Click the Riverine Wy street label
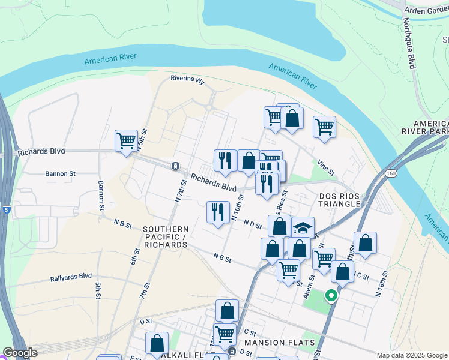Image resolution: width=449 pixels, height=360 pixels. pyautogui.click(x=187, y=79)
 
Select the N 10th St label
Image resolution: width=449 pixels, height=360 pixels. pyautogui.click(x=237, y=207)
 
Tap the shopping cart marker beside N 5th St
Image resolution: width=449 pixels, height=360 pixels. pyautogui.click(x=127, y=142)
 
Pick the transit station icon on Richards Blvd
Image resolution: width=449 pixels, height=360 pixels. pyautogui.click(x=175, y=166)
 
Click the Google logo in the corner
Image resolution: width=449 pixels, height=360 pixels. pyautogui.click(x=20, y=353)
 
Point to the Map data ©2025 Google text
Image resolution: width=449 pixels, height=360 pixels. pyautogui.click(x=411, y=355)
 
